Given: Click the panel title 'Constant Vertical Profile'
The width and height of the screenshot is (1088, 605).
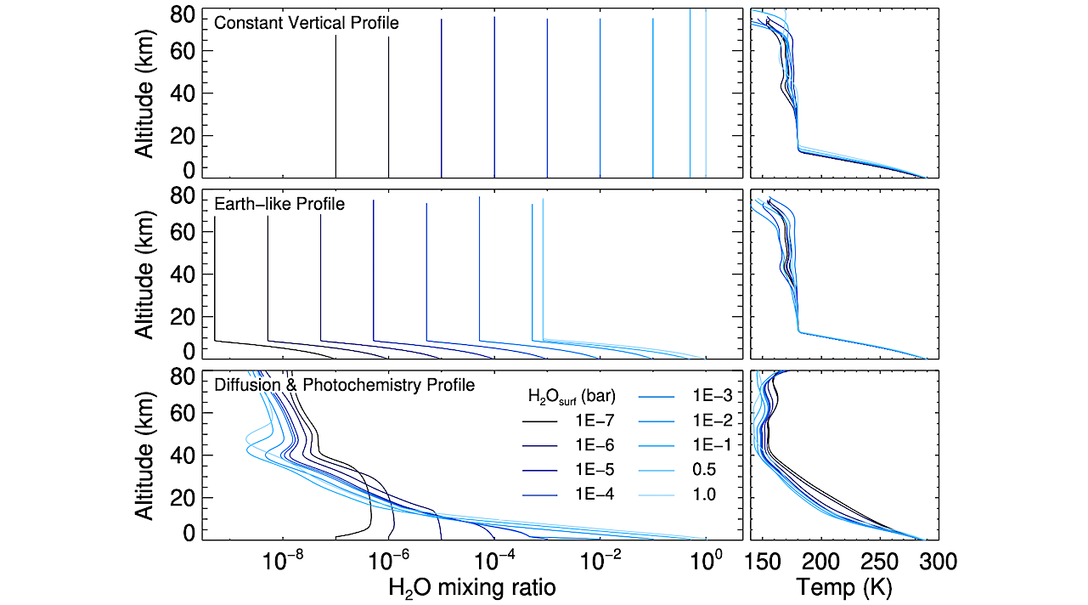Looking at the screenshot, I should pos(306,23).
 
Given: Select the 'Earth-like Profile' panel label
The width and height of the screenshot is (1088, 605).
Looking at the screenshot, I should pos(279,204).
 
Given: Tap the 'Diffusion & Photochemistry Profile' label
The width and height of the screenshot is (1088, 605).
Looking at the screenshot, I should pos(344,386).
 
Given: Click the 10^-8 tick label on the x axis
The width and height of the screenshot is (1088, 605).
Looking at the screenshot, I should pos(284,561).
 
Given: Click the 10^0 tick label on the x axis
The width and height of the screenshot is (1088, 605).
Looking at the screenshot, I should pos(705,561).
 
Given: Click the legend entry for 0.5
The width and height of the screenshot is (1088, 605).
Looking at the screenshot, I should pos(705,469).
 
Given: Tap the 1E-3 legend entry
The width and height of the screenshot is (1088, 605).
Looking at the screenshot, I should pos(705,396).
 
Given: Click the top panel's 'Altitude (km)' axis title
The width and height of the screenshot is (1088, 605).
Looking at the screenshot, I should pos(144,93).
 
